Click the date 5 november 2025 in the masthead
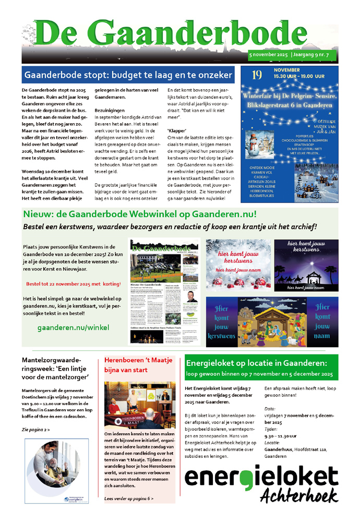pyautogui.click(x=273, y=54)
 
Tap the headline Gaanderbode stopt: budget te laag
pyautogui.click(x=128, y=74)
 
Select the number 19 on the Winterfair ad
pyautogui.click(x=257, y=76)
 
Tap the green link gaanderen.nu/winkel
pyautogui.click(x=73, y=327)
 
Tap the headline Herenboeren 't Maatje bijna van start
pyautogui.click(x=134, y=365)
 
